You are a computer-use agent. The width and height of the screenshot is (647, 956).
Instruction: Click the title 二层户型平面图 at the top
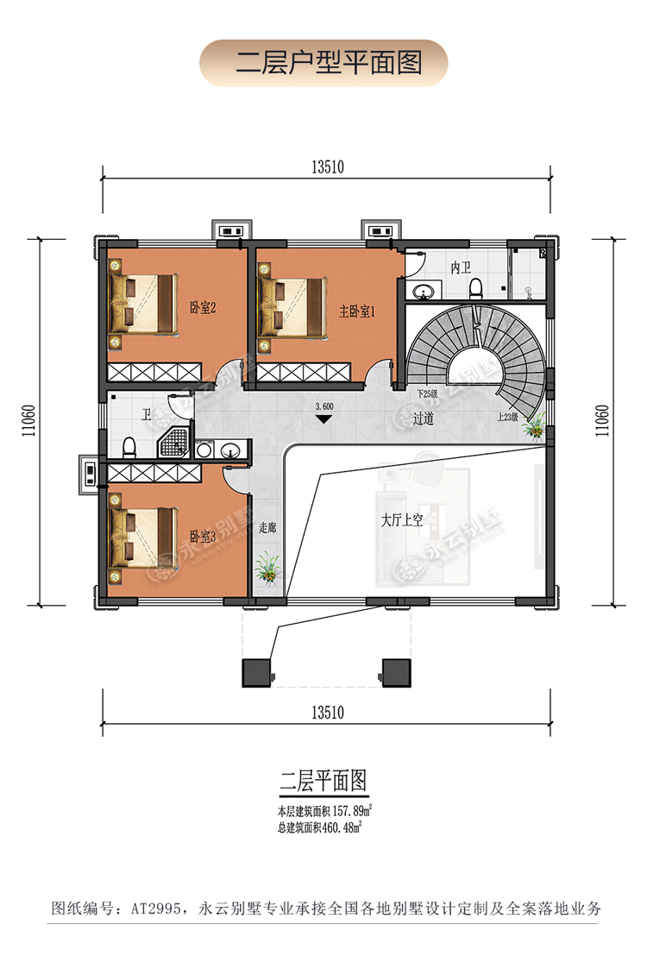point(323,63)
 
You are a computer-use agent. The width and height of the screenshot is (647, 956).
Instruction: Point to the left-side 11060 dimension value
point(28,424)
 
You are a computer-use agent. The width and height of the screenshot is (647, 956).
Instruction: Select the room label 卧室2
point(202,307)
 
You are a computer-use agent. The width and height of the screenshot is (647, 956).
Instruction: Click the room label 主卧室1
point(355,311)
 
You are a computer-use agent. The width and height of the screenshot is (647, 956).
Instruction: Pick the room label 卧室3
point(202,536)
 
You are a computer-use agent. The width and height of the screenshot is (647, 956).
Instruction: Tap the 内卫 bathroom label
point(461,267)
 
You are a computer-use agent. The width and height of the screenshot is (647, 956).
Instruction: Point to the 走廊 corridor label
point(267,528)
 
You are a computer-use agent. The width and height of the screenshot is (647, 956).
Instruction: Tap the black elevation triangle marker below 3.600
point(324,419)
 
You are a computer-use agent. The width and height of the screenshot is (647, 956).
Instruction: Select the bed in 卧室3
point(142,535)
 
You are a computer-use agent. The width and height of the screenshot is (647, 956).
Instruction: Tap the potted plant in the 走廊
point(267,567)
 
